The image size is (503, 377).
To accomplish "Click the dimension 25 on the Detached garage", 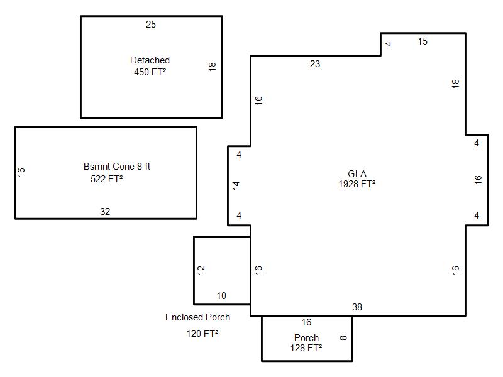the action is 151,25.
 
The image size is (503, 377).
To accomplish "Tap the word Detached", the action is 150,60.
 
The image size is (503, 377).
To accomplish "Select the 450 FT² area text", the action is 150,72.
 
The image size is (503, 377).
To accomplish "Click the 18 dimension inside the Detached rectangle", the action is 212,67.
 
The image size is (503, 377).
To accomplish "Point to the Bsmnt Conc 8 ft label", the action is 117,167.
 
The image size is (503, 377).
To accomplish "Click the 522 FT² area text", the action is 106,178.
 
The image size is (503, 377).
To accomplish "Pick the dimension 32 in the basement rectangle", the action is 105,212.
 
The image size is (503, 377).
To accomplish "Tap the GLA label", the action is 357,174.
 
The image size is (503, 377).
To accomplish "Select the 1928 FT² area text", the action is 357,183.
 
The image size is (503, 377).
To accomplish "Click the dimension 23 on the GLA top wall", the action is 315,64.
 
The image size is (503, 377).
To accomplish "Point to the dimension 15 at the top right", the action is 423,41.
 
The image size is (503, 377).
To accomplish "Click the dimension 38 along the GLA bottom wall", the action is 357,307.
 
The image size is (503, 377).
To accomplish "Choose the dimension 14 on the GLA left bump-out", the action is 236,185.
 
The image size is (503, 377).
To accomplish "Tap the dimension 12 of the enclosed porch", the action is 201,270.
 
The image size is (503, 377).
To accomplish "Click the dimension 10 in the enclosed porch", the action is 221,296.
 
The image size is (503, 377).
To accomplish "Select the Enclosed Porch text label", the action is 197,317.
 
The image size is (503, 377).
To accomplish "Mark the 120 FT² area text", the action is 202,334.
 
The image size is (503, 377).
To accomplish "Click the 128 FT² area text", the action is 306,348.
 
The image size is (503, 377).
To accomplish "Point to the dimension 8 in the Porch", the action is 343,338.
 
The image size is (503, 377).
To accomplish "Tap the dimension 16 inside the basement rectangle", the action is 21,172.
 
